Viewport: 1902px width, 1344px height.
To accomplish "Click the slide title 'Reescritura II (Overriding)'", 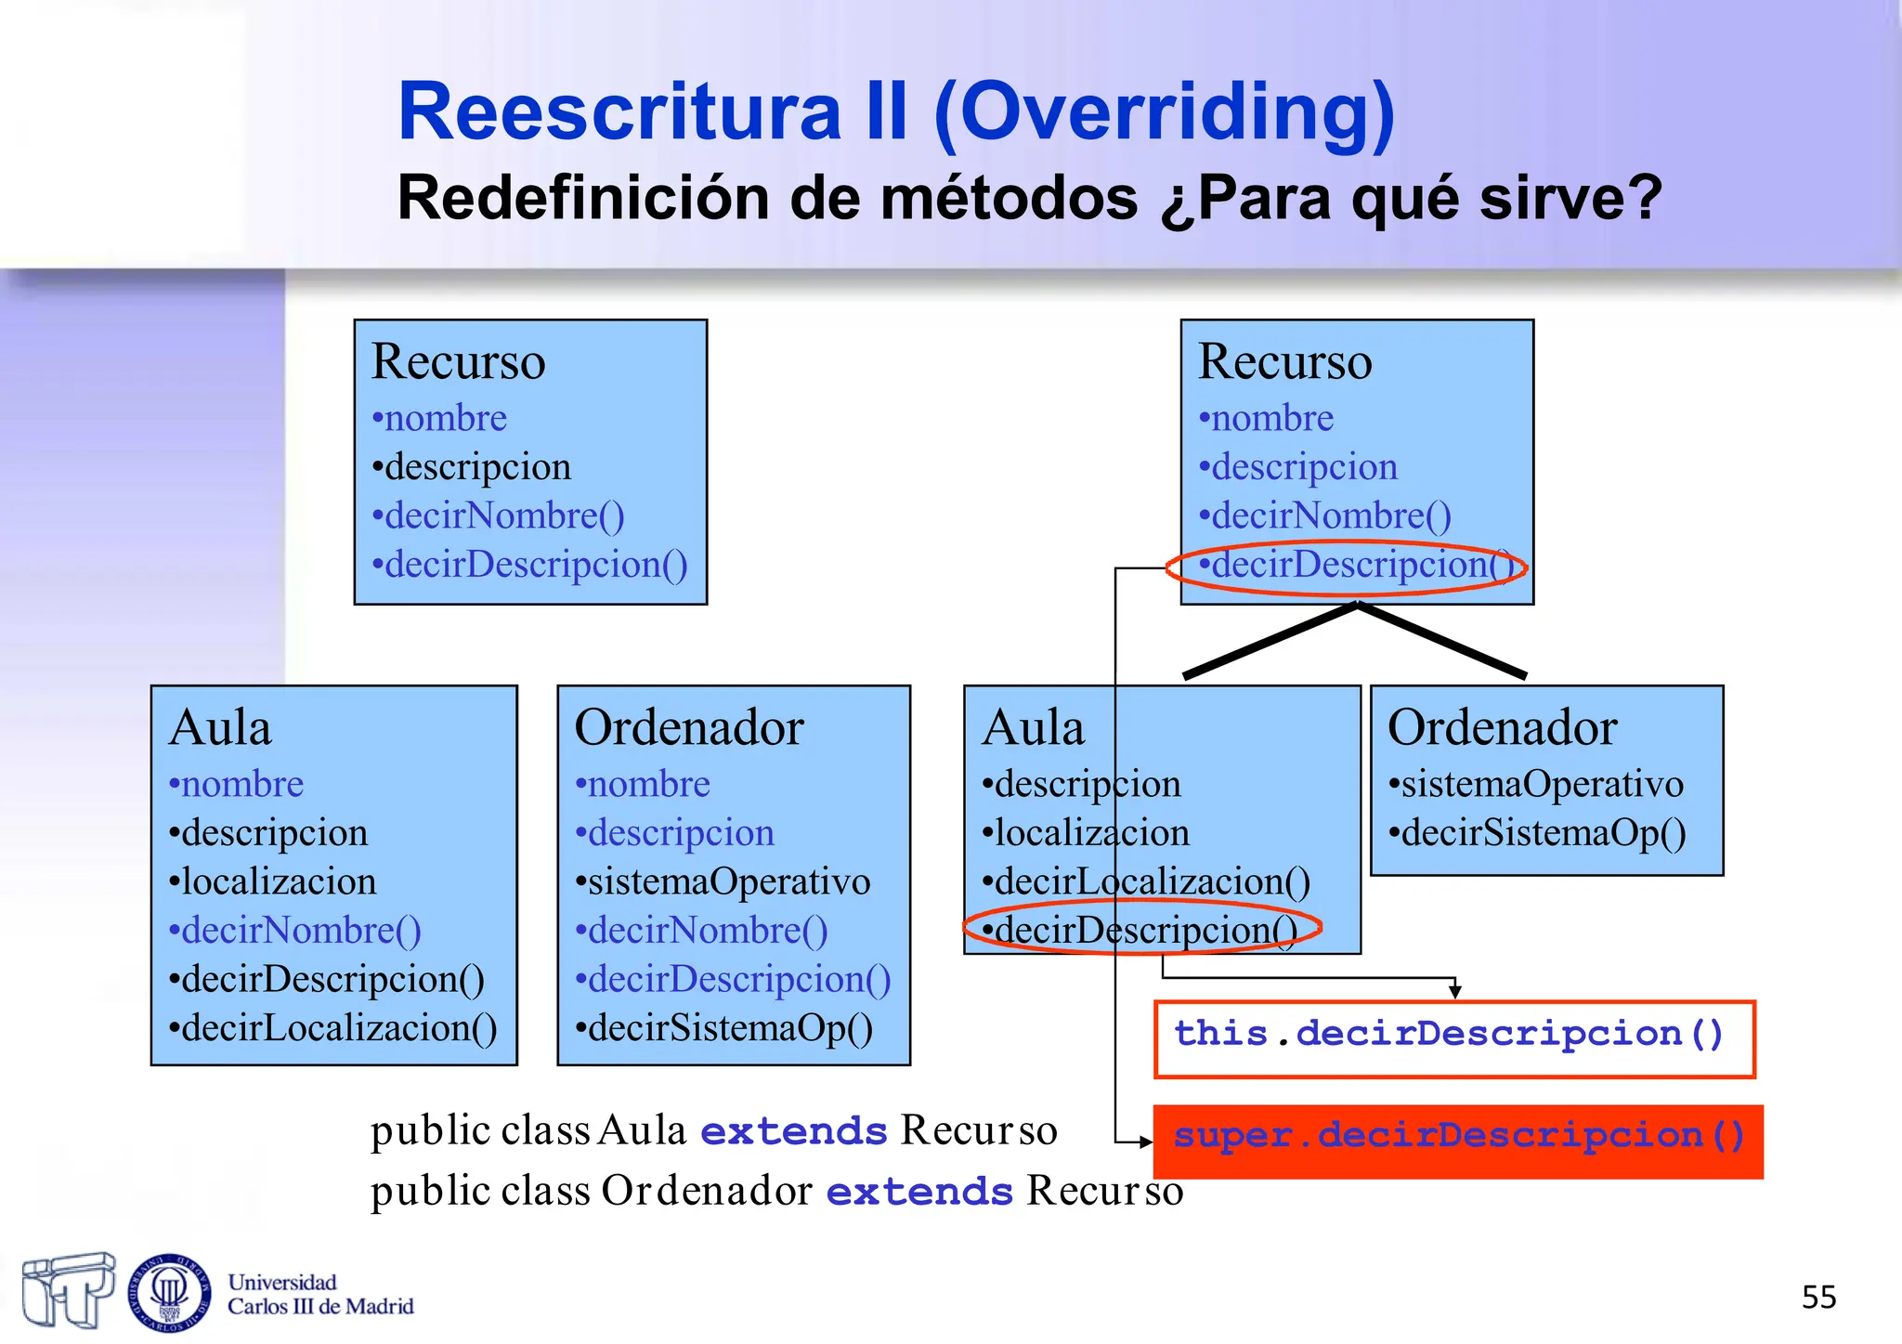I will [x=896, y=112].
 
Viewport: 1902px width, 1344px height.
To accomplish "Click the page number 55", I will [x=1818, y=1297].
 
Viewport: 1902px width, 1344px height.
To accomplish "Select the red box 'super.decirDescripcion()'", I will [x=1457, y=1142].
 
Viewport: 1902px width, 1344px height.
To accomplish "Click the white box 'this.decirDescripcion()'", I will [x=1453, y=1039].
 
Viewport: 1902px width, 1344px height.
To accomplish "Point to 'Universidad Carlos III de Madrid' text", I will [x=319, y=1294].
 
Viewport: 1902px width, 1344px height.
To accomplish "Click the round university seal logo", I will [x=169, y=1291].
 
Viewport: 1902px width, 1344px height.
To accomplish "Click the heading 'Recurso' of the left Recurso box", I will [x=458, y=361].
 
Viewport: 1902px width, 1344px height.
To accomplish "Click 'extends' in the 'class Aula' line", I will [x=794, y=1131].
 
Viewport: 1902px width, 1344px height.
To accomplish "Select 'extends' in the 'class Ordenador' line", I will [x=919, y=1192].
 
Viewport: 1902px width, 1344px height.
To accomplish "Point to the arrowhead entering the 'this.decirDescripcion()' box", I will [x=1455, y=992].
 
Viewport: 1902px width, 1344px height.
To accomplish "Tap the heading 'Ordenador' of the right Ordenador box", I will [x=1502, y=727].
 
